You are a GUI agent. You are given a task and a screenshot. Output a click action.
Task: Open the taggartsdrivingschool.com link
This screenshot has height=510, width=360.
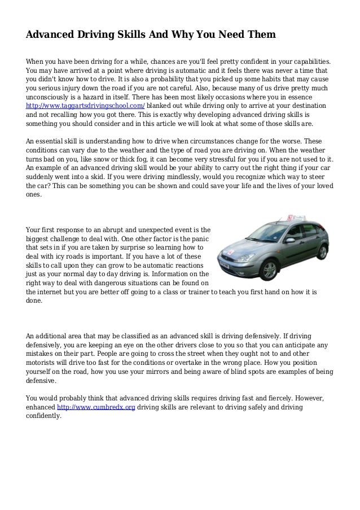(x=85, y=106)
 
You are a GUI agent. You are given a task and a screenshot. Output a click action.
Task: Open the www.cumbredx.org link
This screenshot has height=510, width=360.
(x=96, y=407)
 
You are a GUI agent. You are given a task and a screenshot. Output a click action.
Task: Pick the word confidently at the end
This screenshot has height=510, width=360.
(x=44, y=416)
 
